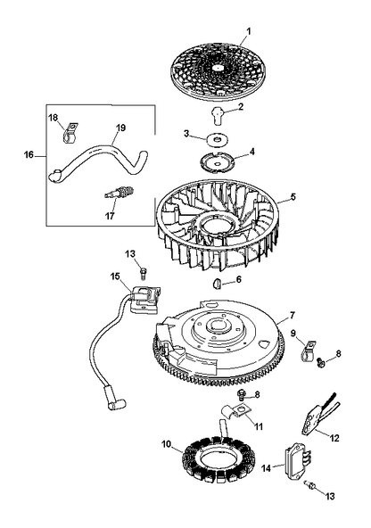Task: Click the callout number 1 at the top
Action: point(249,31)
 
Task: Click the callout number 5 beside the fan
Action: point(293,196)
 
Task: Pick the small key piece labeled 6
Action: point(217,284)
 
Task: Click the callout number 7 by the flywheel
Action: point(292,315)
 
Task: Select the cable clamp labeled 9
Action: point(307,351)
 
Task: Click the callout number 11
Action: point(259,426)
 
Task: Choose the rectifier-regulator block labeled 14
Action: point(298,460)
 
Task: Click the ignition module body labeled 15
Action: point(145,298)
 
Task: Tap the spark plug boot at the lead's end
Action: point(113,400)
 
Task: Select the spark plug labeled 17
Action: point(120,194)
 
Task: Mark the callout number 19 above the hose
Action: point(120,128)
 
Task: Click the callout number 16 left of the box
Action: point(29,155)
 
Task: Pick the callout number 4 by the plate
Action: point(251,152)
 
